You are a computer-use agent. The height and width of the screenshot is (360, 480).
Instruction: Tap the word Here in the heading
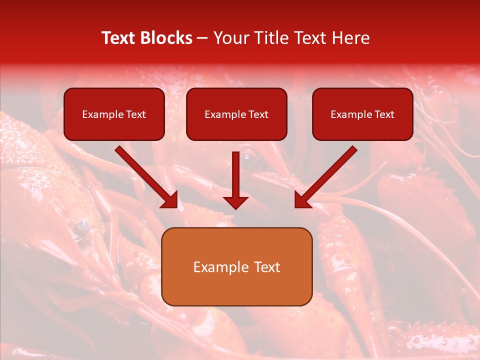click(352, 38)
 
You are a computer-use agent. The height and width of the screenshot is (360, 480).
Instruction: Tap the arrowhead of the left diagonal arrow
click(171, 201)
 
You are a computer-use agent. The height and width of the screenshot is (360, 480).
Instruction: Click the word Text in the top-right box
click(384, 114)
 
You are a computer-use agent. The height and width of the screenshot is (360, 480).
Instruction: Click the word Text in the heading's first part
click(119, 38)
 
